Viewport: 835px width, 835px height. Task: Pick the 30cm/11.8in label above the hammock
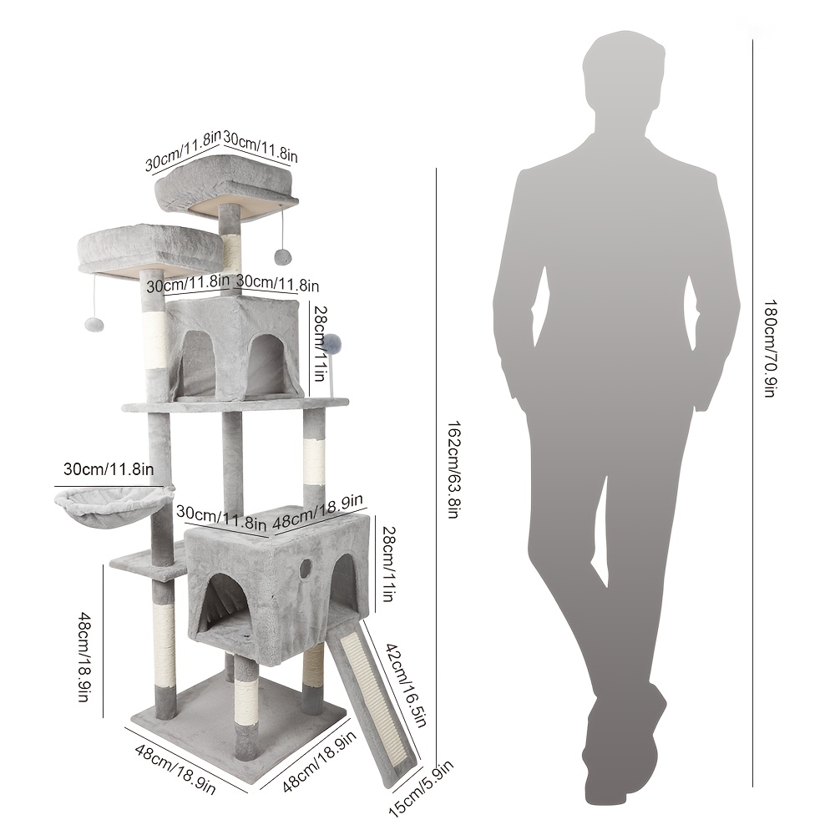pyautogui.click(x=109, y=469)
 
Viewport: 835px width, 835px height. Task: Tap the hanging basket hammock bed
pyautogui.click(x=114, y=507)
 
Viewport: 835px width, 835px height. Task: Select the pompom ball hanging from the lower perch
pyautogui.click(x=94, y=324)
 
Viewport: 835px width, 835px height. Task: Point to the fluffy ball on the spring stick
pyautogui.click(x=332, y=345)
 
